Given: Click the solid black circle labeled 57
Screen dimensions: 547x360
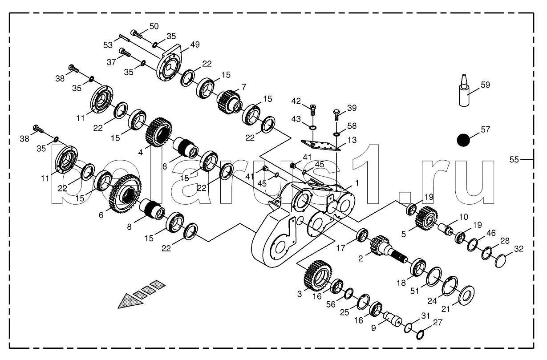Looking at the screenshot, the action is (x=463, y=140).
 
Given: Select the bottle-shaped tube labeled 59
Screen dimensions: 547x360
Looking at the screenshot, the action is (x=464, y=90).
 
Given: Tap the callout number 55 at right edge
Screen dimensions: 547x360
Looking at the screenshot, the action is (x=514, y=159).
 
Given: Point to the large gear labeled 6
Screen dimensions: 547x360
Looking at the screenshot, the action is (x=126, y=194).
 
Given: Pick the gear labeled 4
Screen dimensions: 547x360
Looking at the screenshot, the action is (x=158, y=132).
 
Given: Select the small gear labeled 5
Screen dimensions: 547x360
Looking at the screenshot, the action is (x=426, y=218).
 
